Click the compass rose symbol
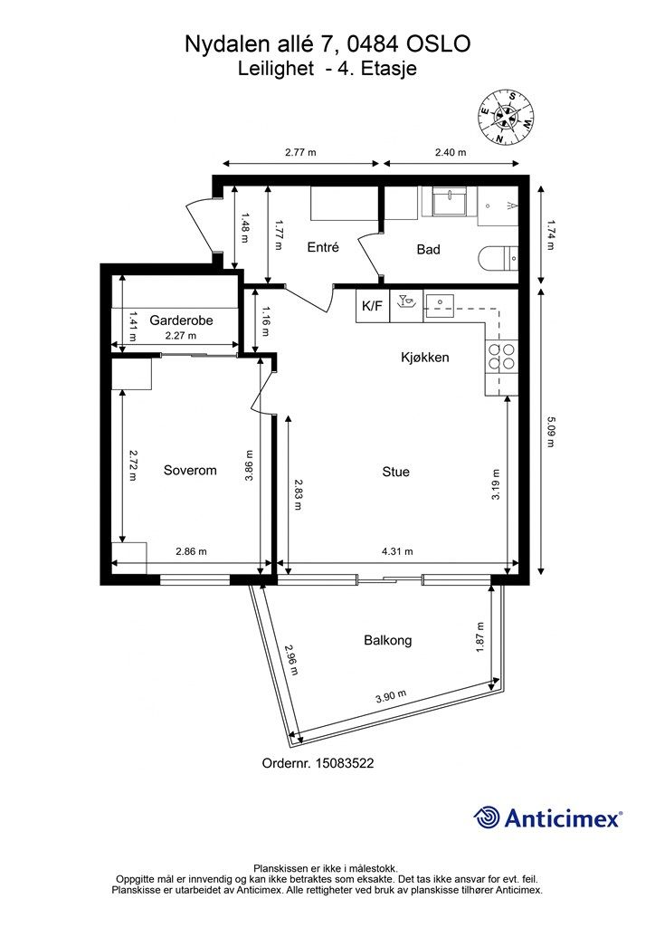tap(506, 117)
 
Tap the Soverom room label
tap(190, 471)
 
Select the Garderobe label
tap(181, 320)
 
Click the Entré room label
tap(323, 247)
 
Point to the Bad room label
tap(428, 250)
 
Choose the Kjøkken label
tap(424, 357)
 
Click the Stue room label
tap(395, 472)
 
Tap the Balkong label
tap(388, 640)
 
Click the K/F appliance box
tap(372, 306)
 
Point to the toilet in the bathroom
tap(497, 258)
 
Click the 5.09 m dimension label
tap(550, 432)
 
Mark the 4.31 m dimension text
tap(397, 551)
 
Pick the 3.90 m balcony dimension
tap(391, 696)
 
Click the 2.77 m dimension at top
tap(300, 152)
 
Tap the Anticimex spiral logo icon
tap(487, 817)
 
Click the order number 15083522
tap(345, 763)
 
